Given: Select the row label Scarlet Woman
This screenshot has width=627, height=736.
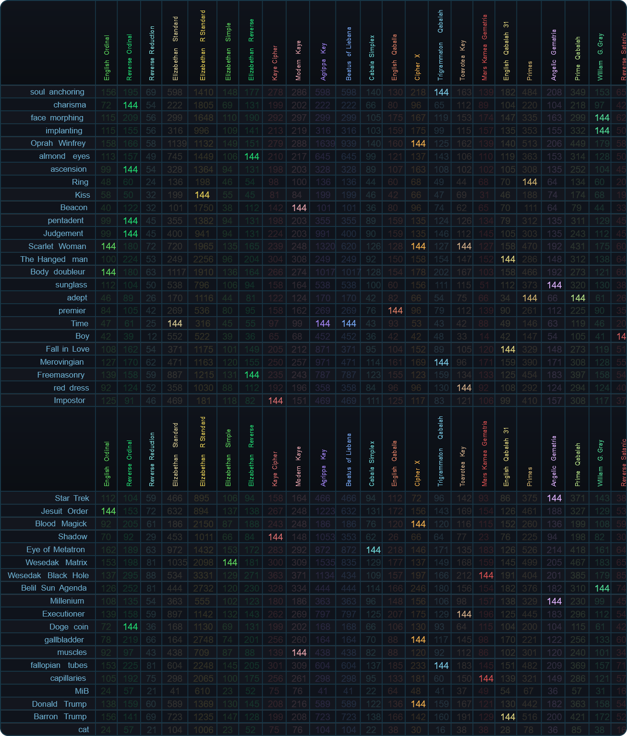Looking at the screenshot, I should [x=57, y=246].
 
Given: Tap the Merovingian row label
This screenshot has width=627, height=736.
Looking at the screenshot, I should [x=61, y=362].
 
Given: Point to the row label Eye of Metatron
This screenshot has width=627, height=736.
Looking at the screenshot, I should [x=56, y=550].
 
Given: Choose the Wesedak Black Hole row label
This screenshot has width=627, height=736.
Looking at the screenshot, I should [x=48, y=576].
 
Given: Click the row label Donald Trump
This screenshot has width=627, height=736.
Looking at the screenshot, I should [x=59, y=704].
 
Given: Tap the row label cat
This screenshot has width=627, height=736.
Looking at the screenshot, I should [x=84, y=730].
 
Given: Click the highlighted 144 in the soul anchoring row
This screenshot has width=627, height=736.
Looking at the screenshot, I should [x=441, y=92].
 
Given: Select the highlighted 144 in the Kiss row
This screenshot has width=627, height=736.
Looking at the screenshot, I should [x=202, y=195].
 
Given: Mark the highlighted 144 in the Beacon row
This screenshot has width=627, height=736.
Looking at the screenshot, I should [x=299, y=208].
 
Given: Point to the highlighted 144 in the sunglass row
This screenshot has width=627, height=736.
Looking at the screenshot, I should [x=554, y=285].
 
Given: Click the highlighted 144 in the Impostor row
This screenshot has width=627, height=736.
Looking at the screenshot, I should [x=275, y=401].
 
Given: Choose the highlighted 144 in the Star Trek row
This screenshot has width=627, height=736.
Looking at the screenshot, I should [x=554, y=499].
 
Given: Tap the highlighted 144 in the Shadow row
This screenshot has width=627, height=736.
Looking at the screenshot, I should [x=275, y=537].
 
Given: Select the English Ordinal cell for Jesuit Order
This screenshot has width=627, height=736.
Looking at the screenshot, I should [x=108, y=511].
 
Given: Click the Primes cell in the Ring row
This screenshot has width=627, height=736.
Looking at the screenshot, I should [x=530, y=182].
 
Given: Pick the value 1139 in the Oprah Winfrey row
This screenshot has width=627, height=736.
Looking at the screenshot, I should [x=175, y=143].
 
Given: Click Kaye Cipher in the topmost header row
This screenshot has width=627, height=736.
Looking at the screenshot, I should [x=275, y=62].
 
